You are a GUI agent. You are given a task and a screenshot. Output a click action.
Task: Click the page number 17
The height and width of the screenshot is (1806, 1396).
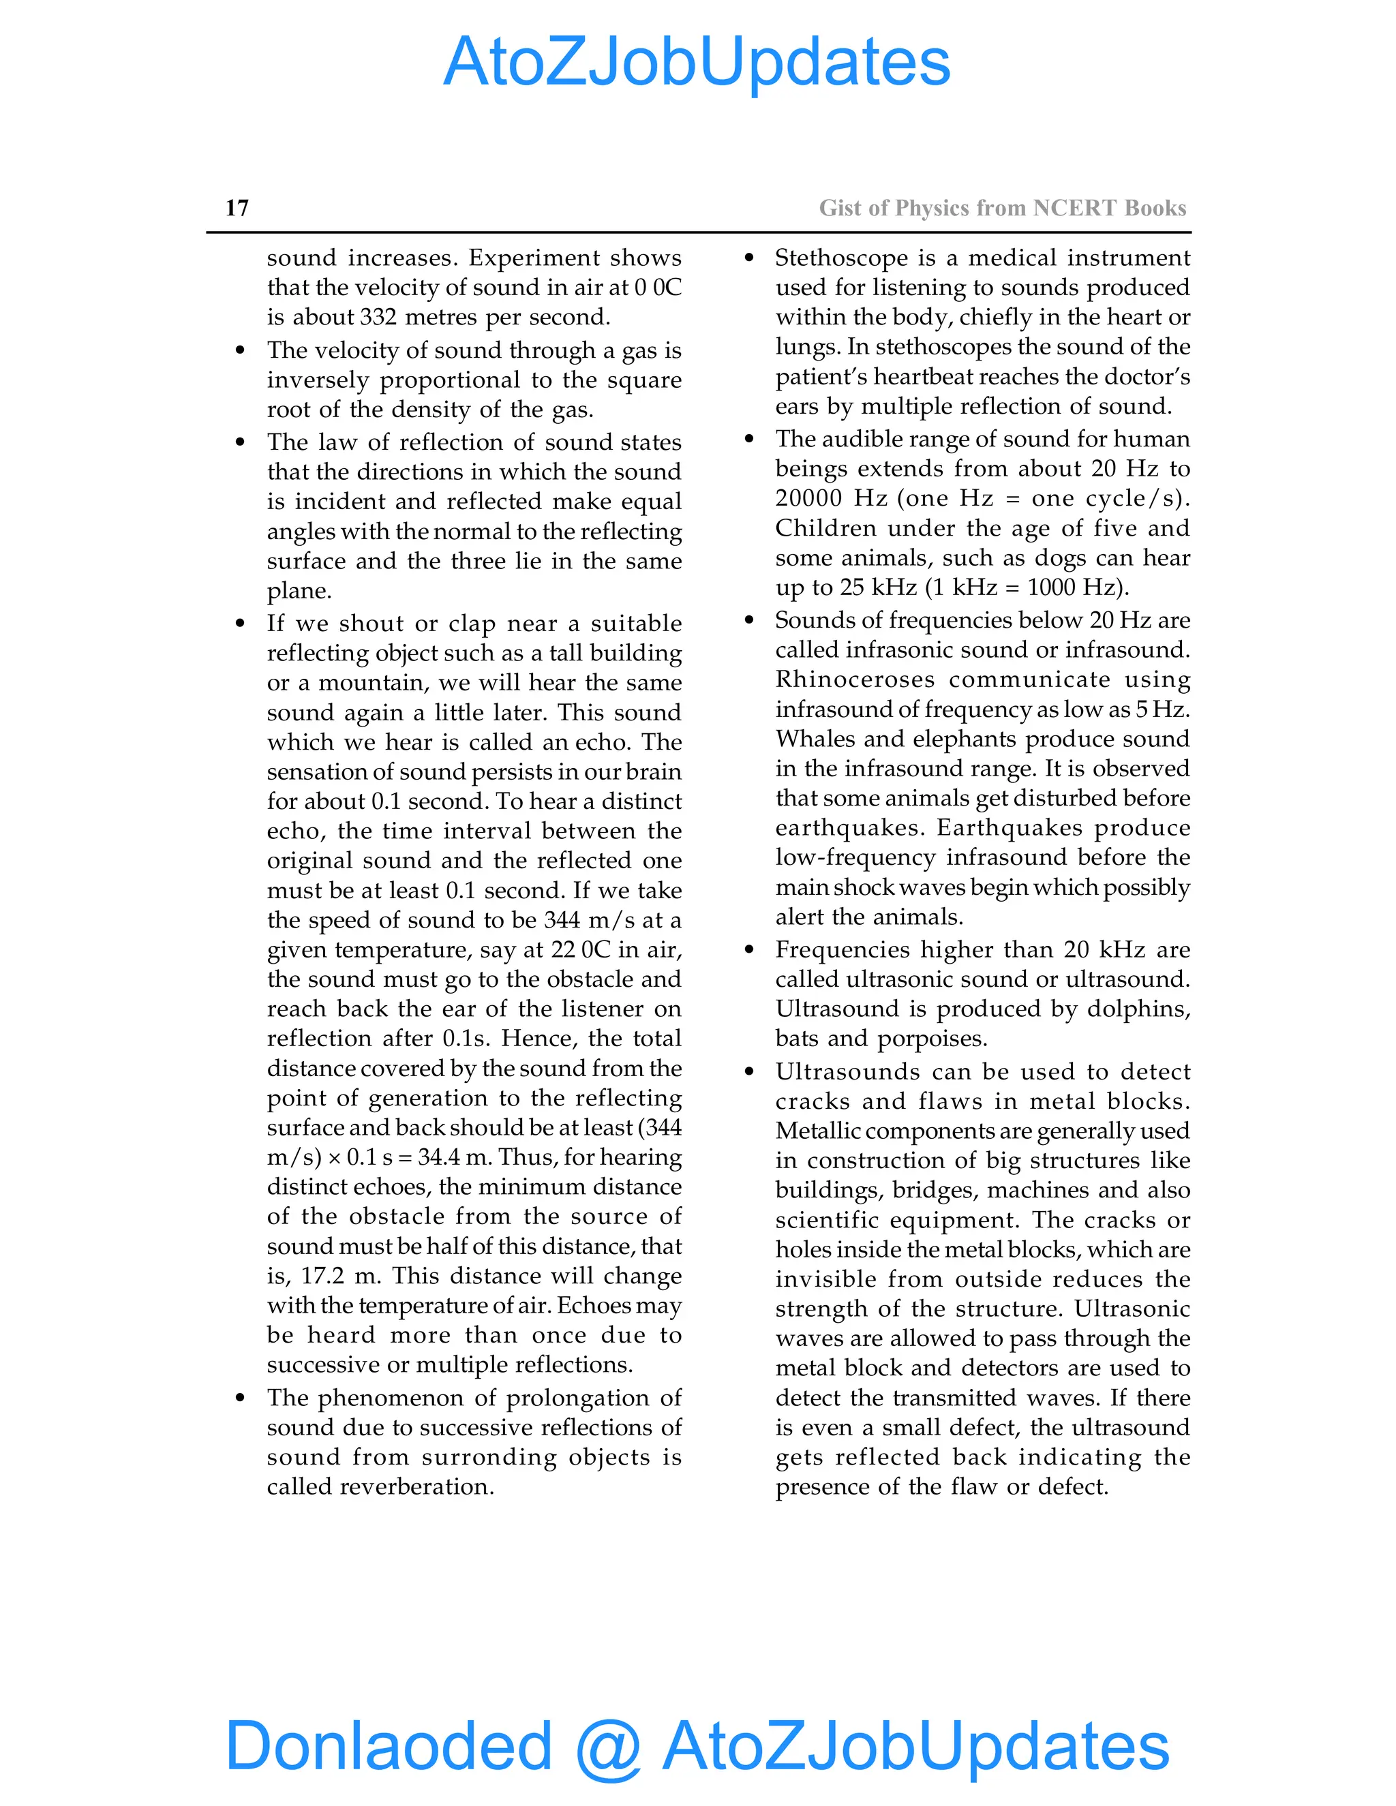pos(237,208)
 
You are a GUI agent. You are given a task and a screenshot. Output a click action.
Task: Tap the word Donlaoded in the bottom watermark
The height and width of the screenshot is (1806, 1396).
pos(389,1744)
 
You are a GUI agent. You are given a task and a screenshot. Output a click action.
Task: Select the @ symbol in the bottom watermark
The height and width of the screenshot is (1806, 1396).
pos(608,1747)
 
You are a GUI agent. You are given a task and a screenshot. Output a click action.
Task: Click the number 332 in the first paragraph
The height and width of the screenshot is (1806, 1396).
pos(378,317)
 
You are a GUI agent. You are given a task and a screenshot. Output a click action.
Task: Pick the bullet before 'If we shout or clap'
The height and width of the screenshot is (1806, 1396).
pos(240,624)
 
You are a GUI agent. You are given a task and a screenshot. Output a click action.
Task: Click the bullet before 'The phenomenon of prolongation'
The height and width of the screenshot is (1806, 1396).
pos(240,1398)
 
